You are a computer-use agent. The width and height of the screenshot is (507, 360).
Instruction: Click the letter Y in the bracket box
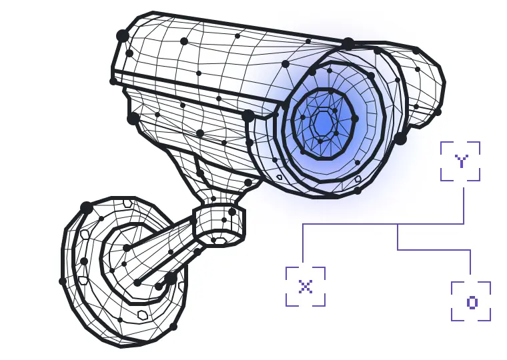(x=461, y=161)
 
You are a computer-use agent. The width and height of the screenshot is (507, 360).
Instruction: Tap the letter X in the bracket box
(x=306, y=286)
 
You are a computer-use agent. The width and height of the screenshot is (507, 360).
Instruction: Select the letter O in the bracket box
(x=472, y=302)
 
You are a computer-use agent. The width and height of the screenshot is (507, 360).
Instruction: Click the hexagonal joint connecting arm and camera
(x=219, y=223)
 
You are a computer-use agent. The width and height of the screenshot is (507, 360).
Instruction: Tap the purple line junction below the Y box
(x=398, y=224)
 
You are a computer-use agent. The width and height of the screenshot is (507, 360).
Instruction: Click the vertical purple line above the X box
(x=303, y=243)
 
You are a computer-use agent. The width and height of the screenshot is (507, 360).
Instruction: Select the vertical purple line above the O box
(x=470, y=262)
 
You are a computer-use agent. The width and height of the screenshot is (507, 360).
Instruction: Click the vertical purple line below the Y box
(x=464, y=205)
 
